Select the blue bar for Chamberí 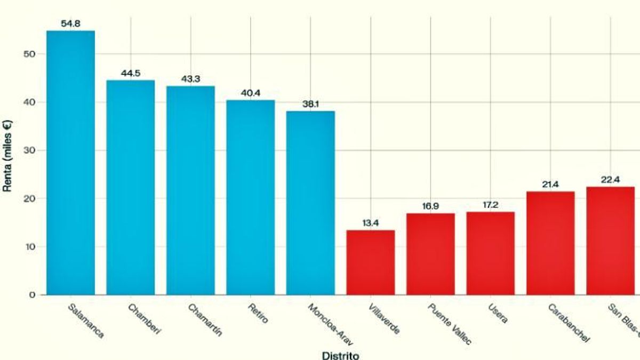[131, 187]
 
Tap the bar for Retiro [251, 197]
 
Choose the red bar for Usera [491, 253]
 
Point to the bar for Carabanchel [550, 243]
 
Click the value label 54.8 [70, 24]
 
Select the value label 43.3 [190, 79]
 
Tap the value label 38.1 [310, 105]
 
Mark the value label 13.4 [371, 223]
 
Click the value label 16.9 [430, 206]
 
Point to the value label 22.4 [610, 180]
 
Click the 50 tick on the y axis [31, 54]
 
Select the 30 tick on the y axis [31, 150]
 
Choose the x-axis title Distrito [340, 355]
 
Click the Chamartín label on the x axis [205, 320]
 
